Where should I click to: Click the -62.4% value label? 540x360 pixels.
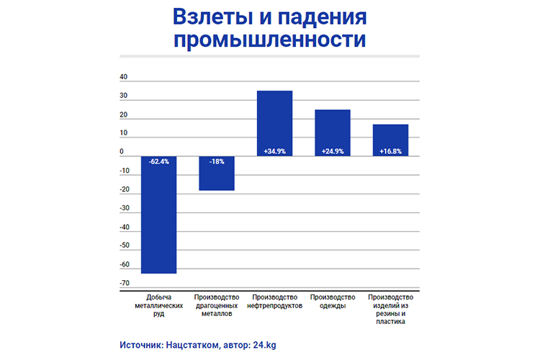click(x=158, y=161)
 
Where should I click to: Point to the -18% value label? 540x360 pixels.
click(x=217, y=161)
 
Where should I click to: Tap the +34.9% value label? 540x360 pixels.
click(x=274, y=151)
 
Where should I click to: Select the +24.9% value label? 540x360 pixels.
click(x=333, y=151)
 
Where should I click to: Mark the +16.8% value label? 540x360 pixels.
click(x=390, y=151)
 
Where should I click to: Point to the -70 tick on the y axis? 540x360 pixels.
click(x=124, y=284)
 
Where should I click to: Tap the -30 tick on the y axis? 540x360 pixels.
click(x=124, y=209)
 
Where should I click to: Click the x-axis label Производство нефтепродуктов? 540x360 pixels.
click(x=274, y=302)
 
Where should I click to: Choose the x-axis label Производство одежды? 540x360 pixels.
click(x=333, y=302)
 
